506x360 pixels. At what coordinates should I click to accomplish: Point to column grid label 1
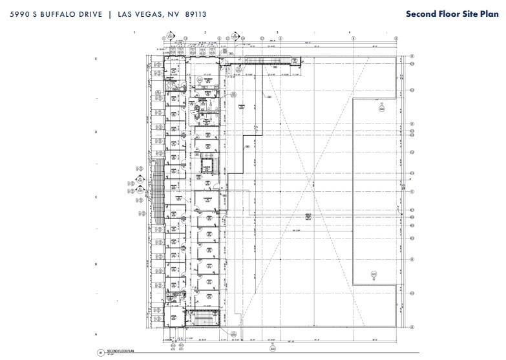click(134, 32)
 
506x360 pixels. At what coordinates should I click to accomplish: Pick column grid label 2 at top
click(205, 32)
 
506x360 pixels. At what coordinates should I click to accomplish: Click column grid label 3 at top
click(277, 32)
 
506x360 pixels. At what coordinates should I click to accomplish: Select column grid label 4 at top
click(350, 32)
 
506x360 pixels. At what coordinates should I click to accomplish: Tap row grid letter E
click(96, 59)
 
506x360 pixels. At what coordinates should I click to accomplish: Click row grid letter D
click(96, 132)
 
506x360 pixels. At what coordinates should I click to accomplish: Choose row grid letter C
click(96, 198)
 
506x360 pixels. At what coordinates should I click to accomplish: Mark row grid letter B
click(96, 264)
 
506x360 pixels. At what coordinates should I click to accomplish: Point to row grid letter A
click(96, 334)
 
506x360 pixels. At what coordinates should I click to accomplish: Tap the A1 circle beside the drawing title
click(100, 352)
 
